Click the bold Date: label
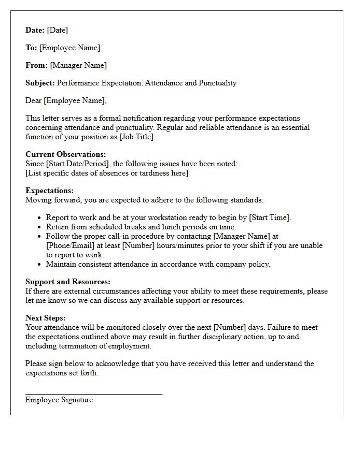point(35,30)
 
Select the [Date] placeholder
point(58,30)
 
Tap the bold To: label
point(31,48)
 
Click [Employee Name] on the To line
point(69,48)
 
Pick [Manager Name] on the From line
point(78,65)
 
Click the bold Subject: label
point(40,83)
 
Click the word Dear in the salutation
point(34,100)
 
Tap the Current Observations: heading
point(65,154)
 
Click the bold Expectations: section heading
point(49,191)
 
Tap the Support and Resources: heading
point(68,282)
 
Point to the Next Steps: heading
point(46,318)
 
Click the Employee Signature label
point(59,400)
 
